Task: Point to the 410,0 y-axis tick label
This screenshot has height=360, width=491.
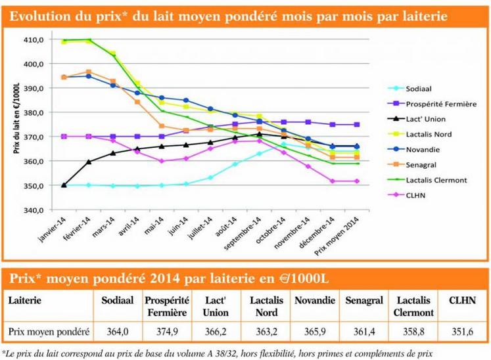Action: [34, 39]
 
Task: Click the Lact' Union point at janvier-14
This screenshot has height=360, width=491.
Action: [64, 185]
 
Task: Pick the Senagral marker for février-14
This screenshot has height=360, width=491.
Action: [89, 72]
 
